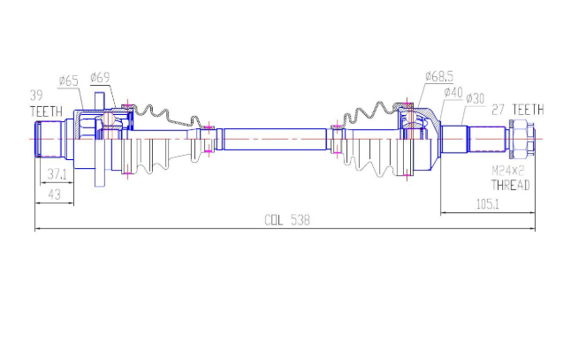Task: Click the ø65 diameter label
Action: point(68,80)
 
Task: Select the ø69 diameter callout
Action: point(100,77)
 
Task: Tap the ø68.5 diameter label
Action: point(439,76)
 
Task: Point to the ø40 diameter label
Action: point(453,92)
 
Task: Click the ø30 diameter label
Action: point(475,98)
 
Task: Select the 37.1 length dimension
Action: point(57,174)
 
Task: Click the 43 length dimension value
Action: point(54,195)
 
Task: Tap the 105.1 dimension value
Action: point(488,204)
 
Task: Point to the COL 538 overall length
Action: point(287,220)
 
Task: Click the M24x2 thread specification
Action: point(507,171)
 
